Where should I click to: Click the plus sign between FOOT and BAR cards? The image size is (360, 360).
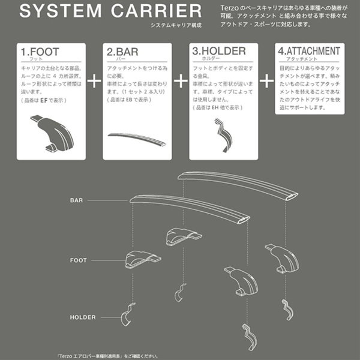[x=95, y=80]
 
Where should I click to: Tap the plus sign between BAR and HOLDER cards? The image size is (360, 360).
[x=181, y=80]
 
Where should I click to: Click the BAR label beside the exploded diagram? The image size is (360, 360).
[x=77, y=200]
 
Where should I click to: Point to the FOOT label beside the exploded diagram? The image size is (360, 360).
[x=78, y=260]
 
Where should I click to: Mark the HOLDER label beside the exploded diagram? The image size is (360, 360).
[x=83, y=317]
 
